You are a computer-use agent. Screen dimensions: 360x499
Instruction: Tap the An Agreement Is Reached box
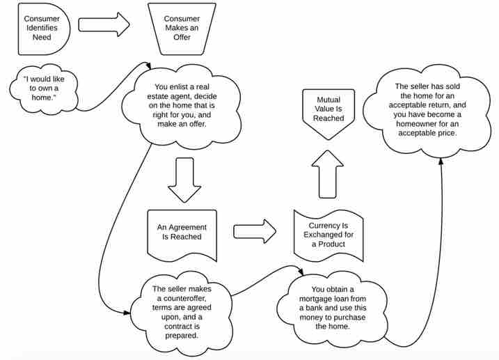click(181, 231)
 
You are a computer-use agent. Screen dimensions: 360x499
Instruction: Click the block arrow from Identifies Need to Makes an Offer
click(104, 24)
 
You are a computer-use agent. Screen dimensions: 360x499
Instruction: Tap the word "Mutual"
click(328, 100)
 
